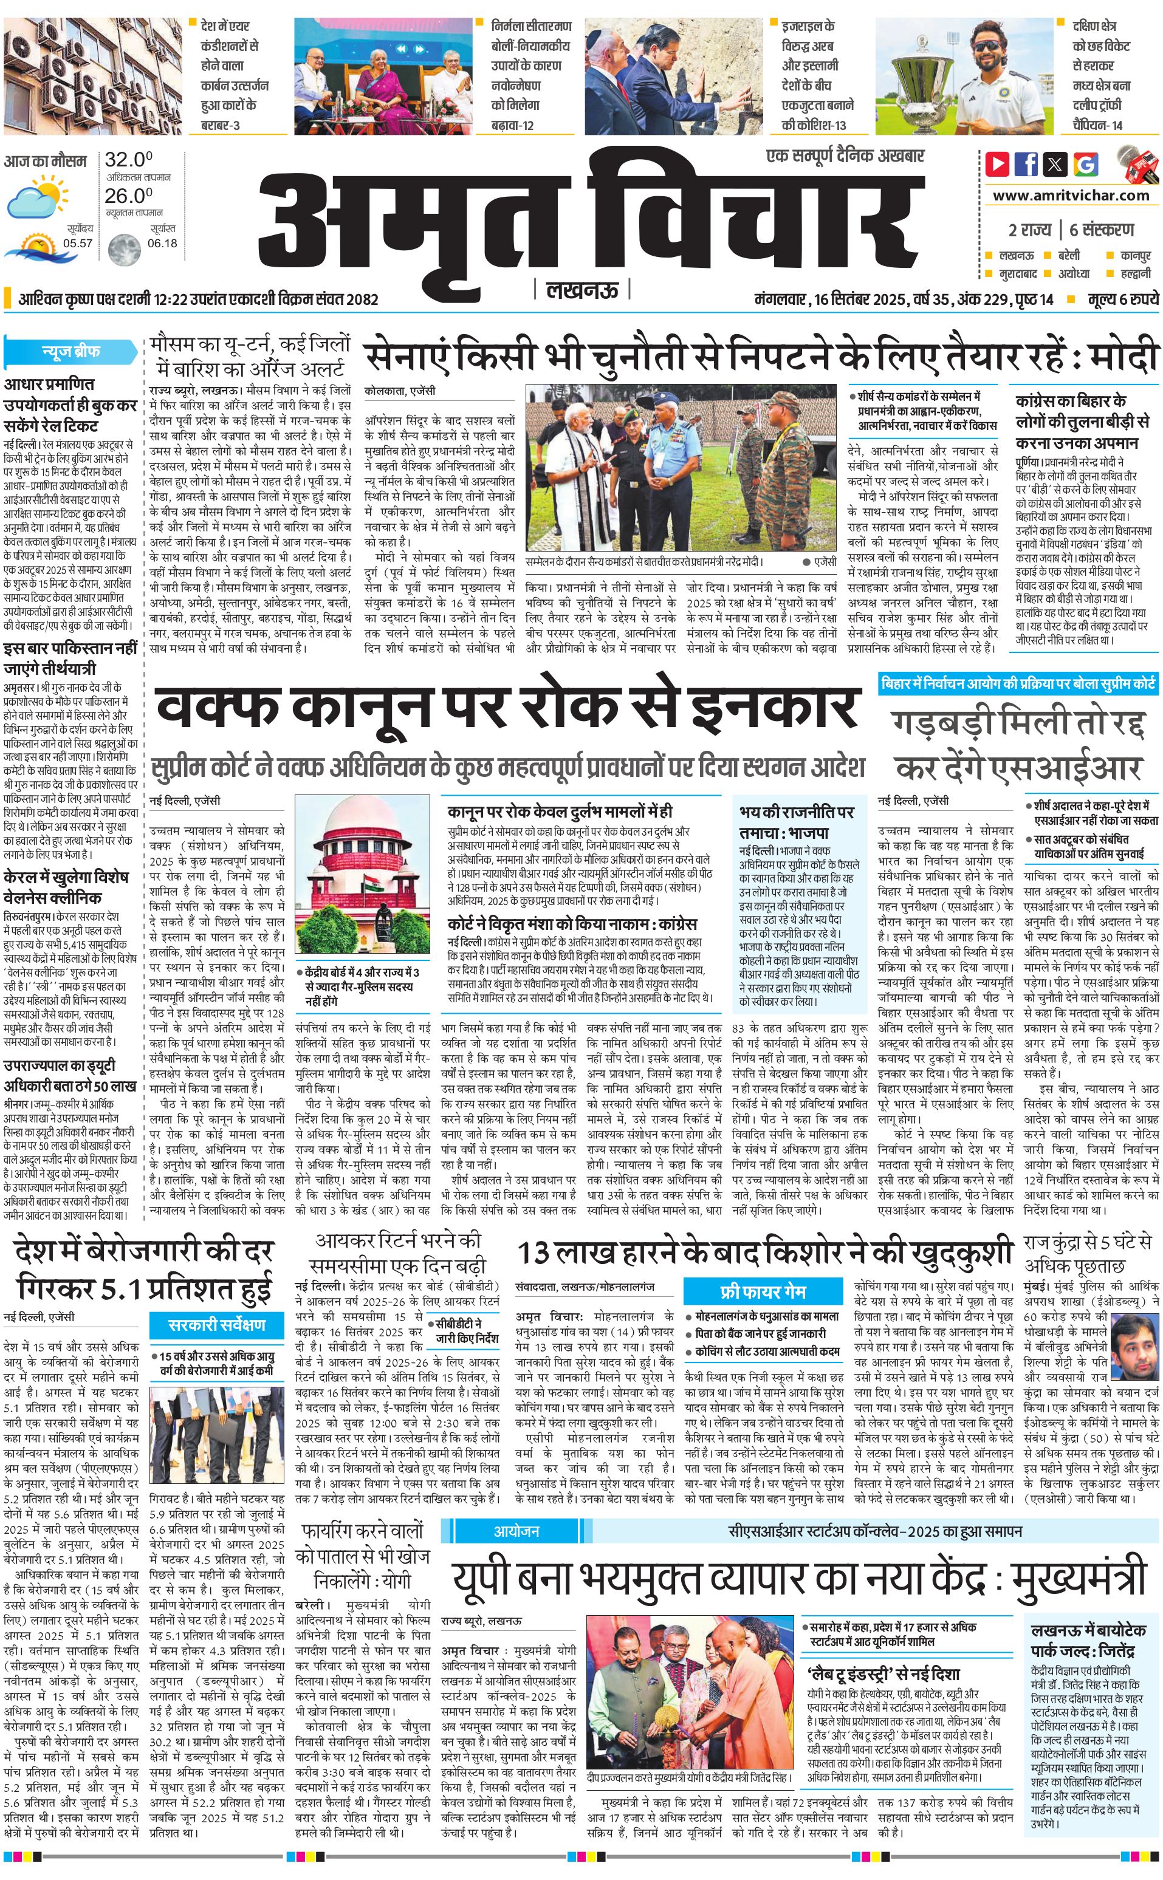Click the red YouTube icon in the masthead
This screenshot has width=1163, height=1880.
tap(997, 164)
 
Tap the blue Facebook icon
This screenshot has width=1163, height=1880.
tap(1026, 164)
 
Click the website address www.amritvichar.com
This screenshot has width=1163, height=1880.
tap(1071, 196)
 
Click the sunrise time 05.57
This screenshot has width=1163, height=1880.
tap(78, 243)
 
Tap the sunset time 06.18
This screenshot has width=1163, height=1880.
tap(162, 243)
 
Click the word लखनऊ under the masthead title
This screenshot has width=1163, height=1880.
tap(581, 290)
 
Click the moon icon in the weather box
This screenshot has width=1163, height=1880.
tap(124, 248)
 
